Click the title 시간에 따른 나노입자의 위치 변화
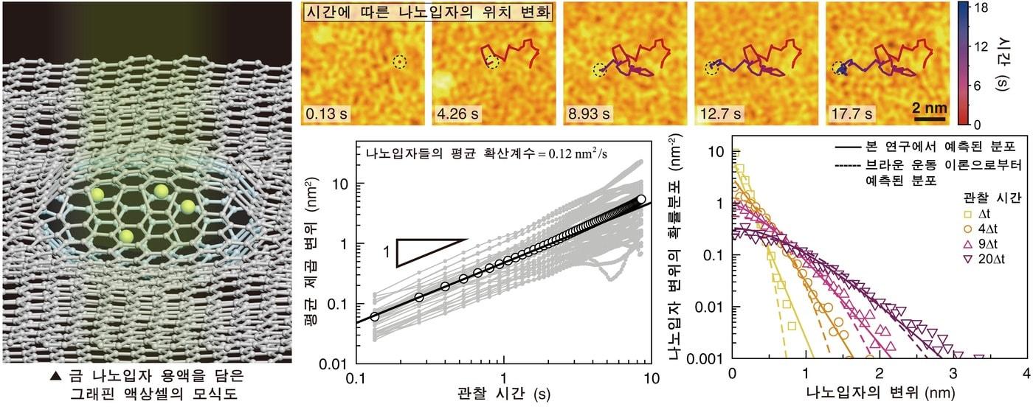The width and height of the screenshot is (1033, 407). (x=429, y=12)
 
